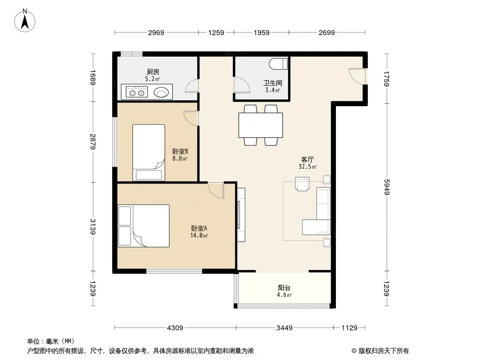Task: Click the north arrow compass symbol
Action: tap(25, 21)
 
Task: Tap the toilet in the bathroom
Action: tap(279, 64)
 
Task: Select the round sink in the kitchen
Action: tap(161, 92)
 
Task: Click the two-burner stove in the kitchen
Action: tap(136, 92)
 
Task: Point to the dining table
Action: tap(261, 125)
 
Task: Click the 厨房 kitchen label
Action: tap(153, 72)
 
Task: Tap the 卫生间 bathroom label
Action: tap(273, 83)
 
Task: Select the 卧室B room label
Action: tap(180, 151)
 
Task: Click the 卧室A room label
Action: tap(199, 228)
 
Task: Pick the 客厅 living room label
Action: tap(308, 160)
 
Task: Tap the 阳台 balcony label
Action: tap(284, 288)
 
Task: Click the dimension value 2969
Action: tap(156, 33)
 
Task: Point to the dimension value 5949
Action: tap(386, 187)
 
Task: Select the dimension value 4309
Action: tap(175, 328)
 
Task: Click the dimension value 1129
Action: tap(349, 328)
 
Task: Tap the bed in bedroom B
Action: tap(149, 152)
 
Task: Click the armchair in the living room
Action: tap(302, 184)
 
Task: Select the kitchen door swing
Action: tap(192, 86)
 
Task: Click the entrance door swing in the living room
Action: tap(357, 76)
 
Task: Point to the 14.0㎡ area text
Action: tap(199, 235)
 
